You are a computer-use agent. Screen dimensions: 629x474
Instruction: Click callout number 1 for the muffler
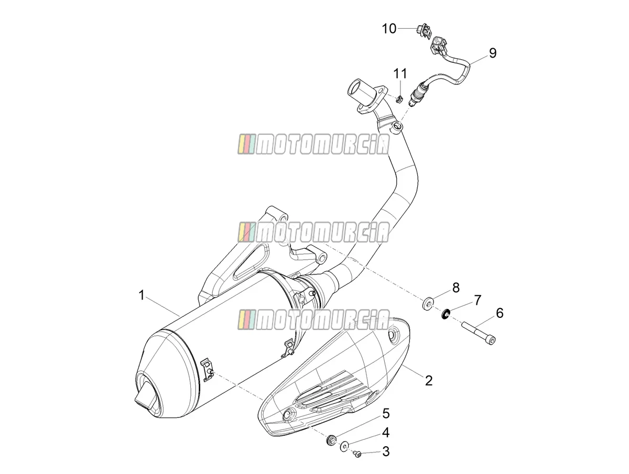(x=142, y=295)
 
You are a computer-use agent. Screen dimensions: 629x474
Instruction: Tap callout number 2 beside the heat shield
(x=429, y=381)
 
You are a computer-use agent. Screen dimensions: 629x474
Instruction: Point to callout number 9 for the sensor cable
(x=493, y=53)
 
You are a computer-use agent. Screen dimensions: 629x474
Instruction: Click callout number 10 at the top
(x=389, y=29)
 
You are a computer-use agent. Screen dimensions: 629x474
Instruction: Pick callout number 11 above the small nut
(x=400, y=73)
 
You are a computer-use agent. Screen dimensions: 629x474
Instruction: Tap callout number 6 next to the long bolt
(x=500, y=313)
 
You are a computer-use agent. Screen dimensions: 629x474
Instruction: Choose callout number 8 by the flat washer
(x=456, y=288)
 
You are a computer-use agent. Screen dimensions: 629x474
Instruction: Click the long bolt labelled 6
(x=478, y=333)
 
